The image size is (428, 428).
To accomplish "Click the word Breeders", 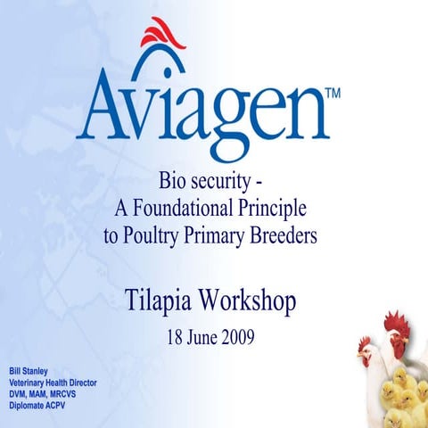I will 284,236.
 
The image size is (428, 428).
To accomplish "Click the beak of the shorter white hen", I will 359,352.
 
